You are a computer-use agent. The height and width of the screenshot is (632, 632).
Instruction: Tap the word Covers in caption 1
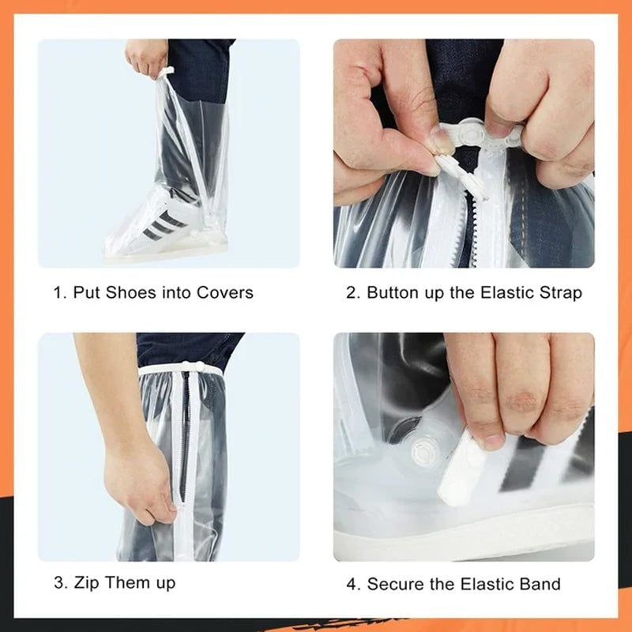click(x=224, y=293)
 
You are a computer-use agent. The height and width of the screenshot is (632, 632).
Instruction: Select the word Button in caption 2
click(x=395, y=293)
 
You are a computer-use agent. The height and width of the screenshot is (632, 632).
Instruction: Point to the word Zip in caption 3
click(x=88, y=584)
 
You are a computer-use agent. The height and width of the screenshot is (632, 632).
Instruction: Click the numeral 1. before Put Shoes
click(x=59, y=293)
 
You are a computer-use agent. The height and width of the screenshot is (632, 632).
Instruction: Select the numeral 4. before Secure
click(x=352, y=585)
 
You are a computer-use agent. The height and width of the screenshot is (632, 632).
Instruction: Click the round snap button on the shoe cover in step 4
click(x=424, y=454)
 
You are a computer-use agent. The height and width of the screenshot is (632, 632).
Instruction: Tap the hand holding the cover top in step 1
click(x=146, y=57)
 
